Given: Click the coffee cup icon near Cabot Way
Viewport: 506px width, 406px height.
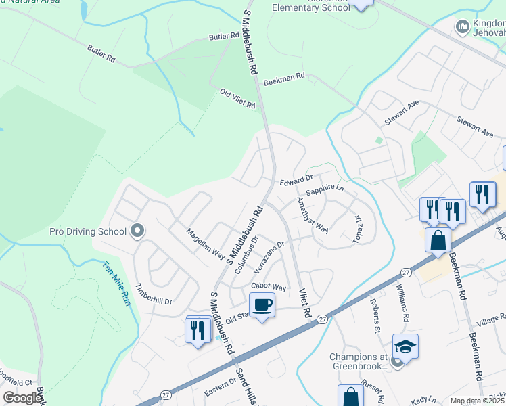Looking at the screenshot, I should click(262, 304).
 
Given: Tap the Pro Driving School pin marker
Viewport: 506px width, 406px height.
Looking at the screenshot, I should click(137, 231).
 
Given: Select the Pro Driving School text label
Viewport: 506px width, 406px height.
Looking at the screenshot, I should click(88, 231).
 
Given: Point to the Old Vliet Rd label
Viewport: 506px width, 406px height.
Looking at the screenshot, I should click(237, 99).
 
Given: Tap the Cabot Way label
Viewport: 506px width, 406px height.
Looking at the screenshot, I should click(269, 287).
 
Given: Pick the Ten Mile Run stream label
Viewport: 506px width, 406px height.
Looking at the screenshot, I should click(116, 283).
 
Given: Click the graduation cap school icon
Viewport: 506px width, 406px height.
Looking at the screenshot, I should click(405, 346).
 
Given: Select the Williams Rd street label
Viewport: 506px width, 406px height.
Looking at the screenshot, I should click(402, 302).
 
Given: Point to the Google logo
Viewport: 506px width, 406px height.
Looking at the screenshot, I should click(22, 398).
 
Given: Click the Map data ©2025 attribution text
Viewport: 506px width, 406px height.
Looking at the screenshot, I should click(477, 401).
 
